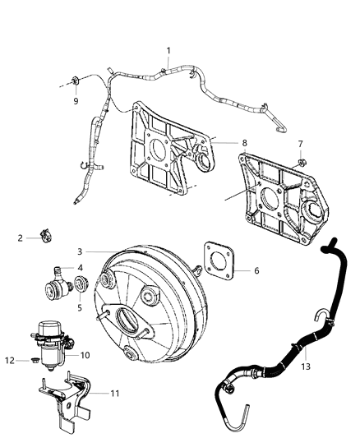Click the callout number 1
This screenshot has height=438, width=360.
click(168, 51)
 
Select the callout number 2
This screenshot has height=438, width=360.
click(20, 238)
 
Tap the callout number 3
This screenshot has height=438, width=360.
click(80, 251)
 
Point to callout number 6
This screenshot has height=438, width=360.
click(256, 270)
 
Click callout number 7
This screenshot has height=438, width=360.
click(301, 144)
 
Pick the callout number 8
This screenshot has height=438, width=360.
click(244, 142)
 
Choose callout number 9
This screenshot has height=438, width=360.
click(75, 102)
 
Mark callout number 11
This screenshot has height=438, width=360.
click(114, 394)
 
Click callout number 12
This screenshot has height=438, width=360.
click(10, 360)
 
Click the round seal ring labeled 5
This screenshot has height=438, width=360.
click(81, 287)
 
